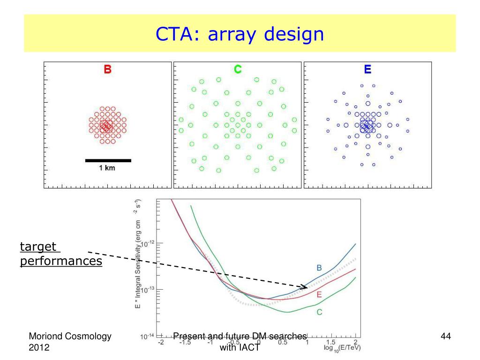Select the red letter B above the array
pyautogui.click(x=108, y=70)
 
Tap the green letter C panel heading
pyautogui.click(x=238, y=70)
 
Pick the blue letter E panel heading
pyautogui.click(x=367, y=70)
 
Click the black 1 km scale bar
pyautogui.click(x=108, y=160)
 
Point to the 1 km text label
pyautogui.click(x=106, y=168)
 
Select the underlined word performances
pyautogui.click(x=61, y=261)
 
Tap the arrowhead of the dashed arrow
pyautogui.click(x=305, y=286)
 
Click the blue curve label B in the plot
pyautogui.click(x=319, y=268)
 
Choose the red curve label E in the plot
pyautogui.click(x=319, y=294)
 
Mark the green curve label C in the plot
pyautogui.click(x=319, y=312)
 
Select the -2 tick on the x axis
pyautogui.click(x=161, y=342)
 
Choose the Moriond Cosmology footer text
pyautogui.click(x=70, y=336)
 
